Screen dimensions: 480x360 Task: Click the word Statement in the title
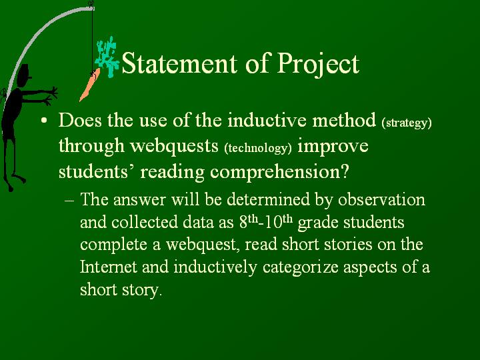pyautogui.click(x=179, y=63)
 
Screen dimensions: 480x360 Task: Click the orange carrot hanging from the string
pyautogui.click(x=89, y=85)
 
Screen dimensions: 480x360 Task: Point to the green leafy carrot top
pyautogui.click(x=107, y=56)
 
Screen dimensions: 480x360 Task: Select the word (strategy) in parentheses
pyautogui.click(x=407, y=123)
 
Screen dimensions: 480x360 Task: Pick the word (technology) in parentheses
pyautogui.click(x=258, y=148)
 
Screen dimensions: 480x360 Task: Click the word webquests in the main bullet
pyautogui.click(x=174, y=146)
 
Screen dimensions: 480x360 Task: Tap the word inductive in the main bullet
pyautogui.click(x=267, y=120)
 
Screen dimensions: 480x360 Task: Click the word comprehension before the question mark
pyautogui.click(x=275, y=173)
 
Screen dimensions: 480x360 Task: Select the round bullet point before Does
pyautogui.click(x=44, y=120)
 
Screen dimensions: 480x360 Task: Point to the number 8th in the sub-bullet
pyautogui.click(x=249, y=221)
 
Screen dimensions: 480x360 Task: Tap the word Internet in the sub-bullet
pyautogui.click(x=109, y=266)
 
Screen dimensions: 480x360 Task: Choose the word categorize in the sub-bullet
pyautogui.click(x=300, y=267)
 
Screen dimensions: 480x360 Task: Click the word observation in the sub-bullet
pyautogui.click(x=381, y=199)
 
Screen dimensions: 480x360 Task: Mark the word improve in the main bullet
pyautogui.click(x=333, y=147)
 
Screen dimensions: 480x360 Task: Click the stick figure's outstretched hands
pyautogui.click(x=51, y=96)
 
